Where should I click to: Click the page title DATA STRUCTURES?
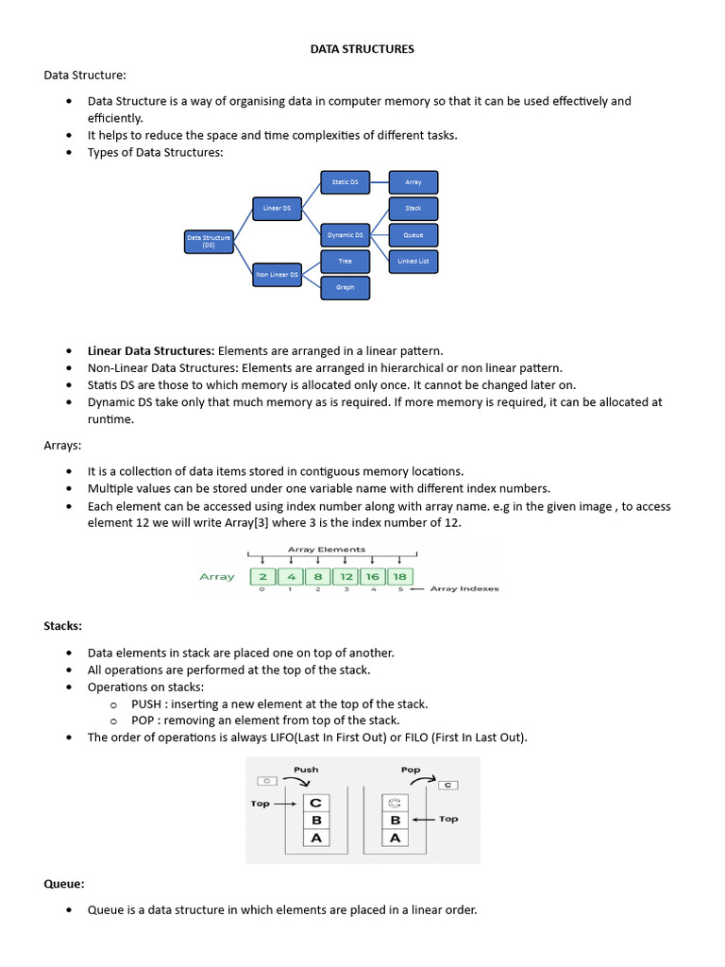(x=362, y=48)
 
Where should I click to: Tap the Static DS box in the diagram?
(x=346, y=181)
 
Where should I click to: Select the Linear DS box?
(x=277, y=208)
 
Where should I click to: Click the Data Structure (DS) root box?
(x=209, y=243)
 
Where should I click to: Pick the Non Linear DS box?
(x=277, y=275)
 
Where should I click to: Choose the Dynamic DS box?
(x=346, y=235)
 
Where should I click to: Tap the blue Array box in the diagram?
(x=413, y=182)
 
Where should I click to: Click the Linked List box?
(x=413, y=261)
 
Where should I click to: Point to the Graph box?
(x=346, y=287)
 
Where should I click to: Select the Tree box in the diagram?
(x=346, y=261)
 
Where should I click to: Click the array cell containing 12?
(x=346, y=576)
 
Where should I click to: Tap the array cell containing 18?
(x=400, y=576)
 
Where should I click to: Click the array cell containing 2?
(x=263, y=576)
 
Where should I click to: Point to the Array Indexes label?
(x=464, y=589)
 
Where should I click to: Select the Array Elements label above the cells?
(x=327, y=549)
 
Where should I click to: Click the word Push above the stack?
(x=306, y=770)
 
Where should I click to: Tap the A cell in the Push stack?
(x=315, y=838)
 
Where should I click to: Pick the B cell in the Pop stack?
(x=395, y=820)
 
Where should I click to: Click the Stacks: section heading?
(x=63, y=625)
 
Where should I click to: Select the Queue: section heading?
(x=64, y=884)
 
